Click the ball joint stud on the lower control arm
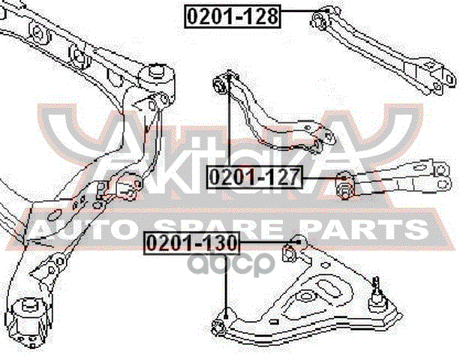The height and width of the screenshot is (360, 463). [x=377, y=285]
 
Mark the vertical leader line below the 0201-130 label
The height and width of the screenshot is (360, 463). [x=225, y=281]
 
